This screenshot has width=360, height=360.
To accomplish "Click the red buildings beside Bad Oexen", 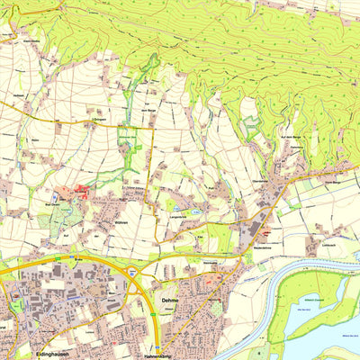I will pos(82,190).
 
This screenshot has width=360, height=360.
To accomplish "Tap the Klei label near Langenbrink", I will pos(199,238).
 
